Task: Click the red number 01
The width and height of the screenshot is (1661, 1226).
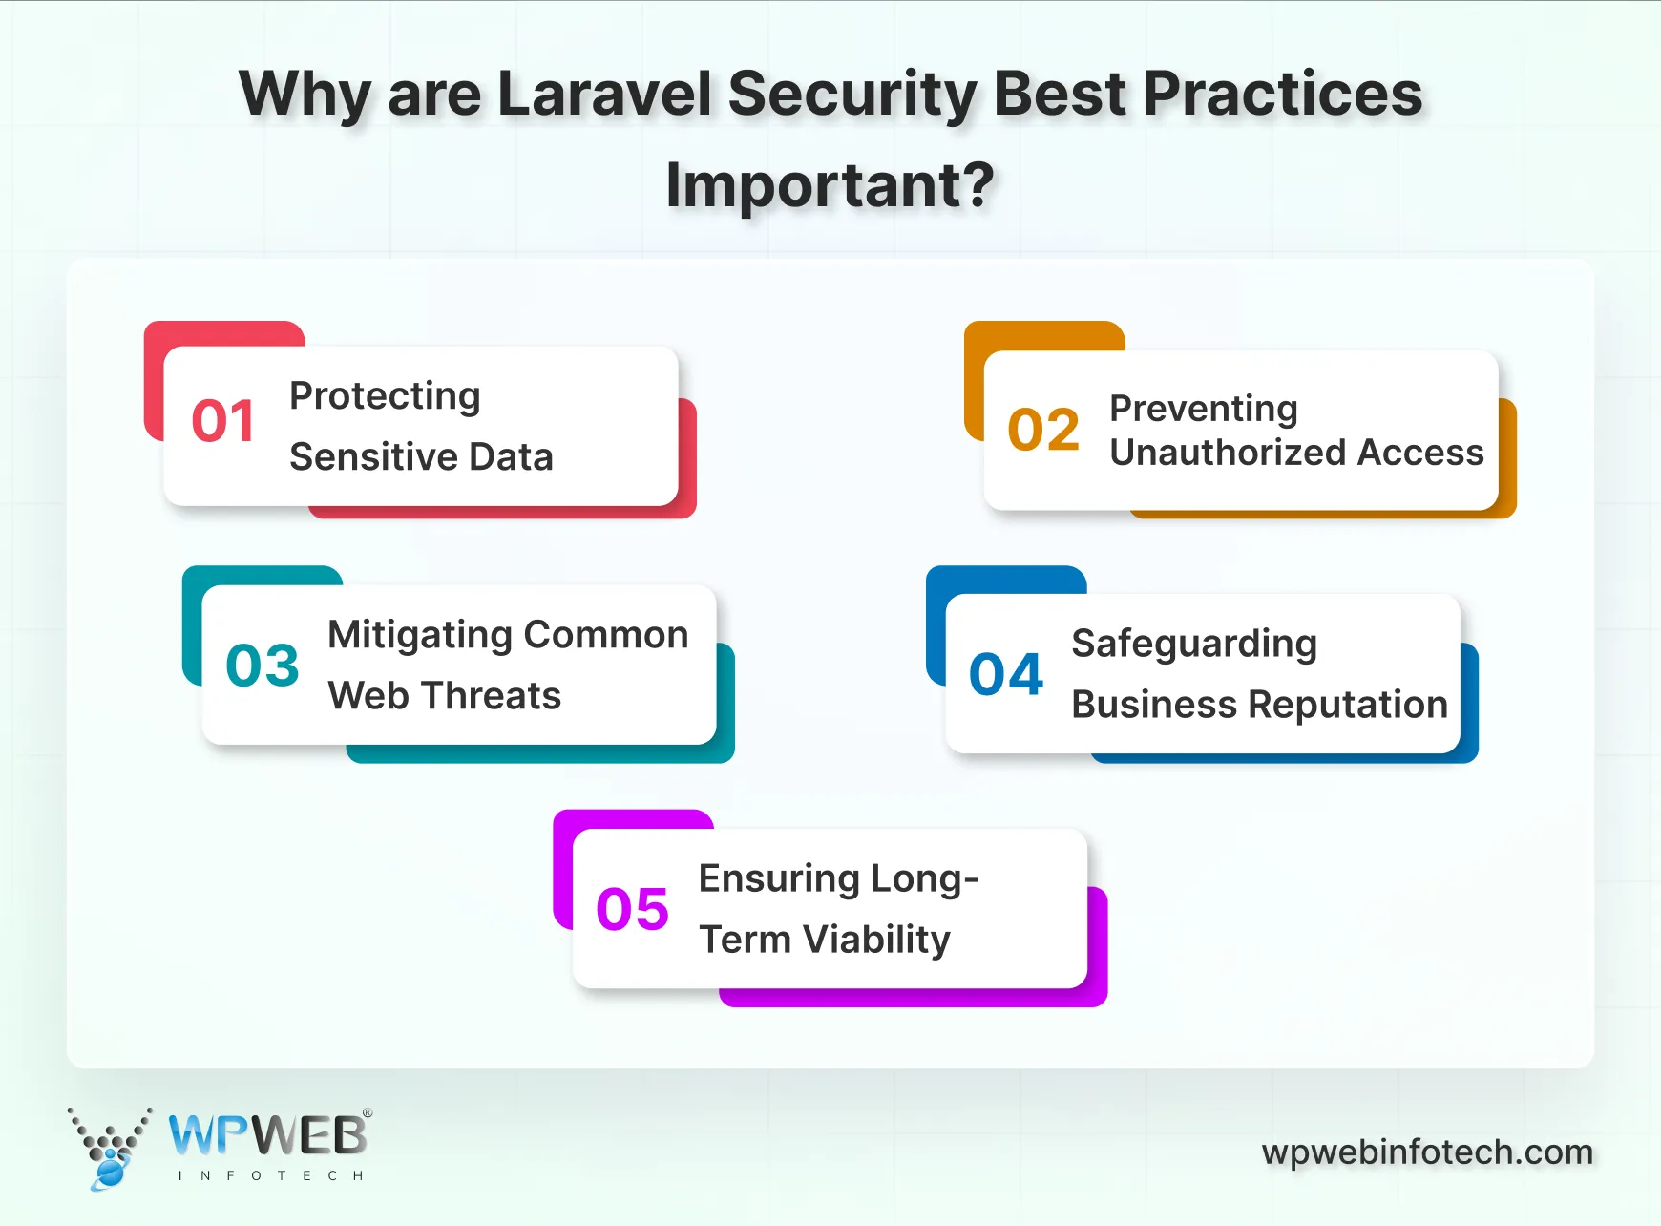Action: pyautogui.click(x=223, y=421)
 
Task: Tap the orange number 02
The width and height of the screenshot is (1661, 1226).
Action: pyautogui.click(x=1043, y=430)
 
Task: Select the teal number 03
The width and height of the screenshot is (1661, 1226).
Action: pyautogui.click(x=263, y=666)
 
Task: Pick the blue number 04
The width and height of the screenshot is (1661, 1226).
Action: pyautogui.click(x=1006, y=674)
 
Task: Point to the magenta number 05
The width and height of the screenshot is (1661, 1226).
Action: pyautogui.click(x=632, y=909)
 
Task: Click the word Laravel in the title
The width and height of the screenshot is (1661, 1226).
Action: pyautogui.click(x=605, y=94)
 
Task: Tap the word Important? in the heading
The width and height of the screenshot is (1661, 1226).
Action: pyautogui.click(x=830, y=185)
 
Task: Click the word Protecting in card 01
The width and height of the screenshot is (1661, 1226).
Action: pyautogui.click(x=385, y=396)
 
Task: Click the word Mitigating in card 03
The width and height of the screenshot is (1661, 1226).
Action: pyautogui.click(x=420, y=635)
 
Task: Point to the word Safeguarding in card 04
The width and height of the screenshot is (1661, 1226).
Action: pyautogui.click(x=1194, y=645)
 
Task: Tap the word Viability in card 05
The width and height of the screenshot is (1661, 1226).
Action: pyautogui.click(x=876, y=940)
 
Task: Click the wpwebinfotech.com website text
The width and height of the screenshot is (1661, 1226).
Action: pyautogui.click(x=1427, y=1152)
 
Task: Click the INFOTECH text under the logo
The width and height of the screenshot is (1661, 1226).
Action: pyautogui.click(x=271, y=1175)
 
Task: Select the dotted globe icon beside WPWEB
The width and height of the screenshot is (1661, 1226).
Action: pyautogui.click(x=110, y=1149)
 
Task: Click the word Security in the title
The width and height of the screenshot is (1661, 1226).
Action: pyautogui.click(x=852, y=94)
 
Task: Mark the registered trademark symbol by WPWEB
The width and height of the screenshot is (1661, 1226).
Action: pyautogui.click(x=368, y=1113)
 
